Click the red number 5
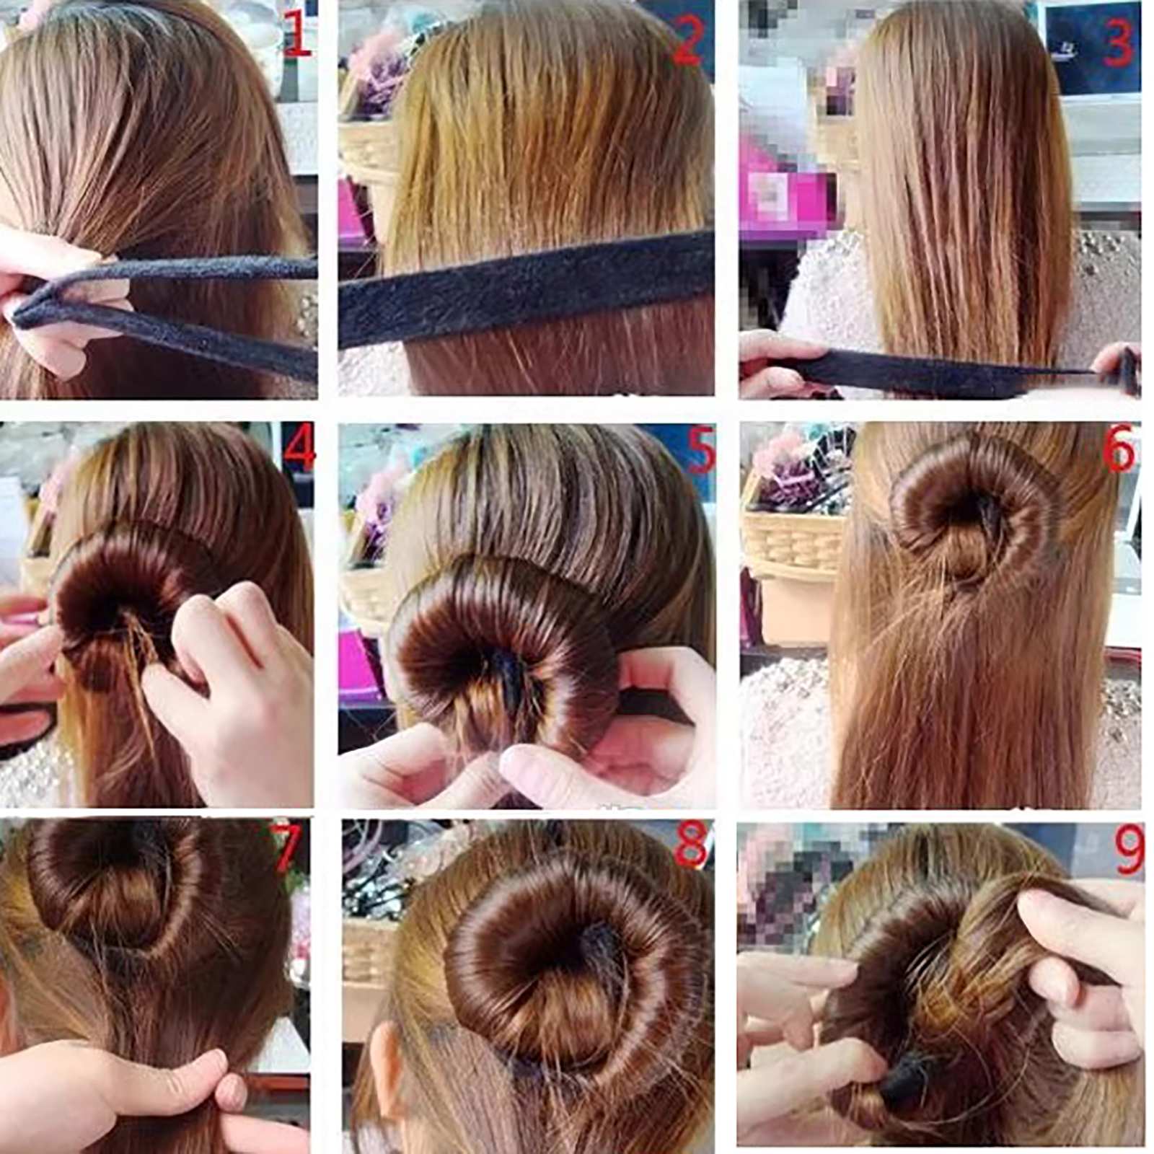coord(700,450)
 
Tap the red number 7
coord(286,847)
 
